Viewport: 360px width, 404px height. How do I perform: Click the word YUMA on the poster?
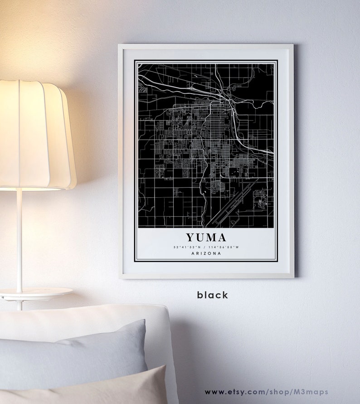click(x=205, y=237)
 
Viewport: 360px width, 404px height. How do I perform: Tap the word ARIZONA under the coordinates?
click(x=206, y=253)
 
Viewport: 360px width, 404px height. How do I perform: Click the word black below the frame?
click(x=212, y=295)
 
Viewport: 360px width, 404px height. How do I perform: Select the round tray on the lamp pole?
click(x=36, y=293)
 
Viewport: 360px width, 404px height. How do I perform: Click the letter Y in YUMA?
click(x=190, y=237)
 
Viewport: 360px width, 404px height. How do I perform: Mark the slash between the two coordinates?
click(x=205, y=247)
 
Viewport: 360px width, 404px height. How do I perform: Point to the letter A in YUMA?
click(x=221, y=237)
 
